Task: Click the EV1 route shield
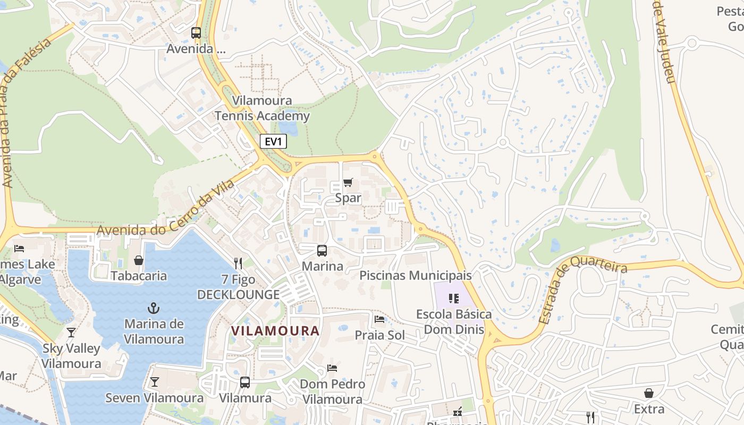(273, 141)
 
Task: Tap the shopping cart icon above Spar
(348, 183)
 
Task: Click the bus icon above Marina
(322, 251)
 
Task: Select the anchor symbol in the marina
(154, 308)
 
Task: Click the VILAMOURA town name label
(275, 331)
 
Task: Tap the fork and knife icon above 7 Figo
(238, 263)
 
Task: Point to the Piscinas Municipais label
(416, 275)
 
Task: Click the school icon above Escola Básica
(453, 299)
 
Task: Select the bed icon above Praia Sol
(379, 319)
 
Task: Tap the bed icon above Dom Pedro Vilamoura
(333, 368)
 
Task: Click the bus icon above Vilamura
(245, 382)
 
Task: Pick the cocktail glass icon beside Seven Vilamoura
(154, 382)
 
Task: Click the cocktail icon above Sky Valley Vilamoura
(71, 333)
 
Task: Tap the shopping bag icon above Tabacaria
(139, 260)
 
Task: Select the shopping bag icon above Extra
(649, 393)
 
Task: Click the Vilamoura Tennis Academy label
(262, 108)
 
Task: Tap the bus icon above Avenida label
(196, 33)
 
